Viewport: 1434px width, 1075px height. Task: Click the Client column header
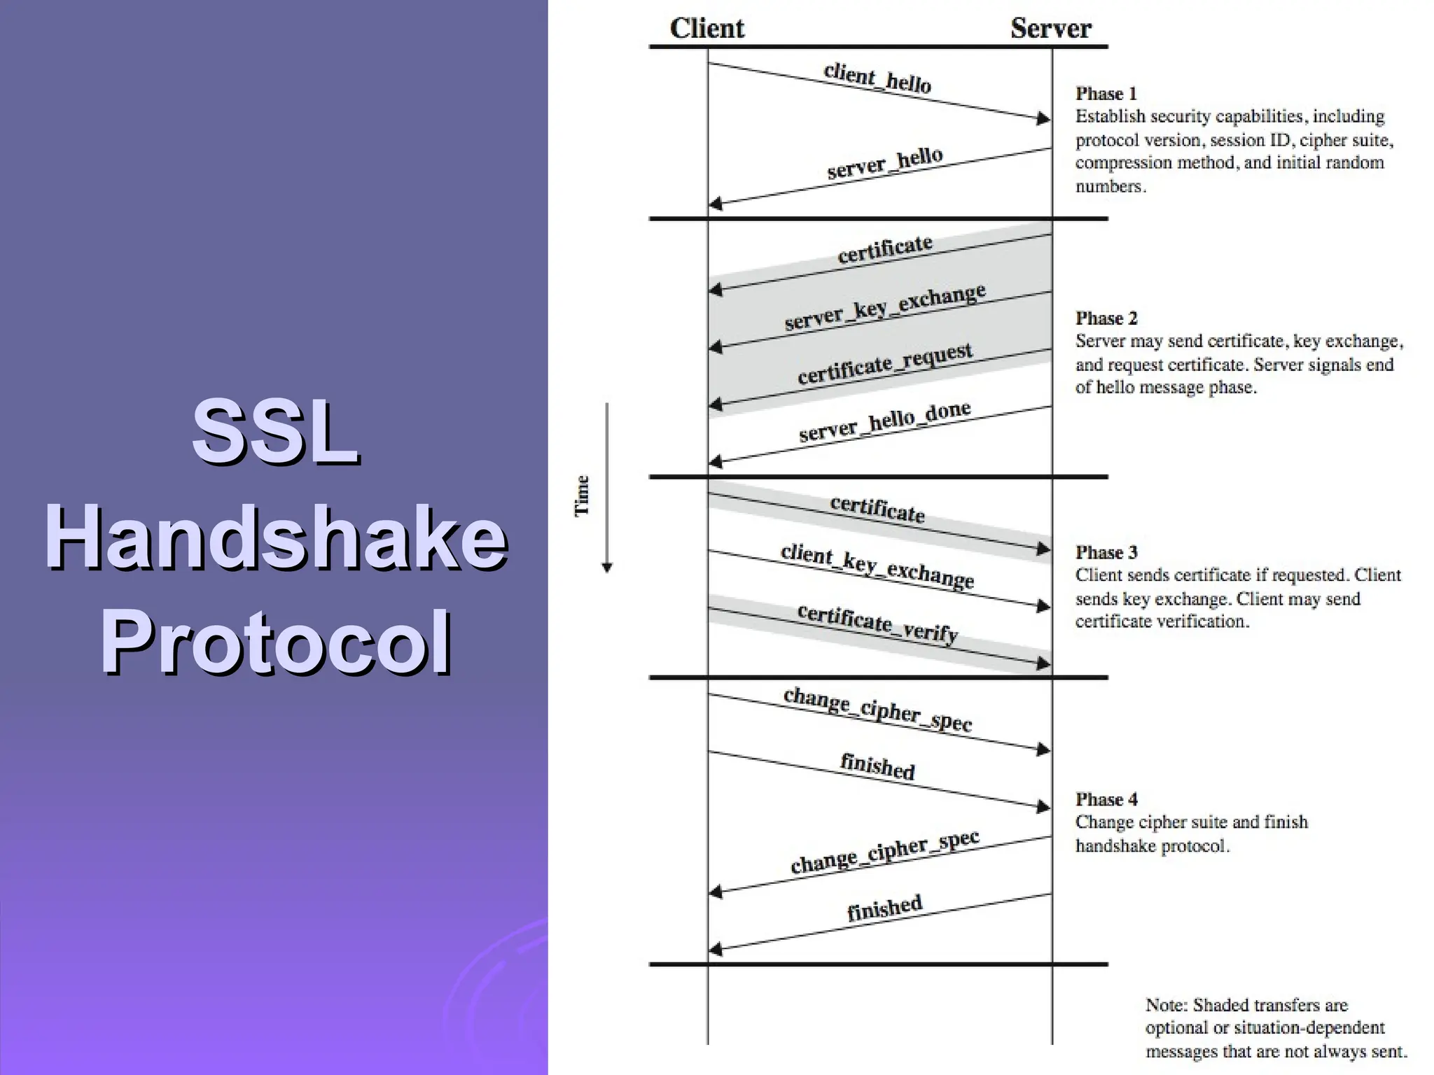coord(706,29)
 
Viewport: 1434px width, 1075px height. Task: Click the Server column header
coord(1050,29)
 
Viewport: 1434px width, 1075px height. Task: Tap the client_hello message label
coord(877,78)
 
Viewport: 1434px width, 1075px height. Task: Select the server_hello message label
coord(884,163)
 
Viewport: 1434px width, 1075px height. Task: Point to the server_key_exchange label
coord(884,307)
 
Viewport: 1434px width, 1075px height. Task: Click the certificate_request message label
coord(884,364)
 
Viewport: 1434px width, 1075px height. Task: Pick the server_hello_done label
coord(884,421)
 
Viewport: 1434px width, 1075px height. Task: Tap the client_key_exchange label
coord(877,565)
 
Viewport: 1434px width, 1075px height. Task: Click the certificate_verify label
coord(877,623)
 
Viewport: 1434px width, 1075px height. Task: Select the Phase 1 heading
coord(1106,94)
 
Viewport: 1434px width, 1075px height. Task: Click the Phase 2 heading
coord(1106,318)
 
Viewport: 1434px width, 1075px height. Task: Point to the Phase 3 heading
coord(1106,552)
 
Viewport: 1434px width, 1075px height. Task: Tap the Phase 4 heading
coord(1106,799)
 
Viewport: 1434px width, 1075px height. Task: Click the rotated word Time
coord(582,496)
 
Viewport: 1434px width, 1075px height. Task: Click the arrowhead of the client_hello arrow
coord(1043,118)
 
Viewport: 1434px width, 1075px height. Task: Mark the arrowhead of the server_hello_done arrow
coord(716,461)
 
